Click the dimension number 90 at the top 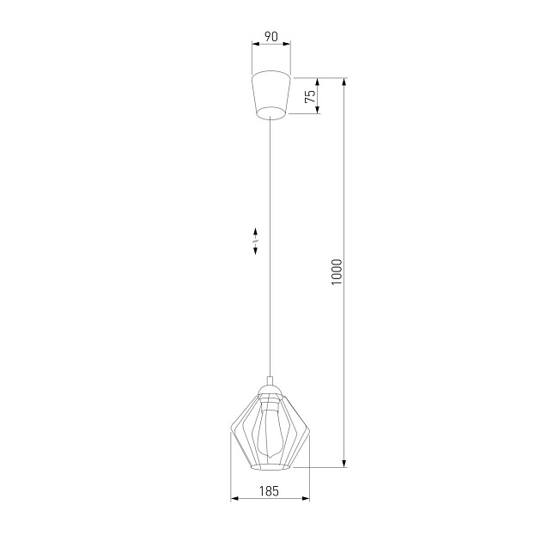click(270, 37)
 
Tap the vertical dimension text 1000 click(337, 273)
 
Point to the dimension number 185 click(270, 491)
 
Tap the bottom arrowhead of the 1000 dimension click(344, 464)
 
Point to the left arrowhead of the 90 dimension click(254, 46)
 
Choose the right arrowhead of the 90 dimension click(288, 46)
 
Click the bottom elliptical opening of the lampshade click(270, 467)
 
